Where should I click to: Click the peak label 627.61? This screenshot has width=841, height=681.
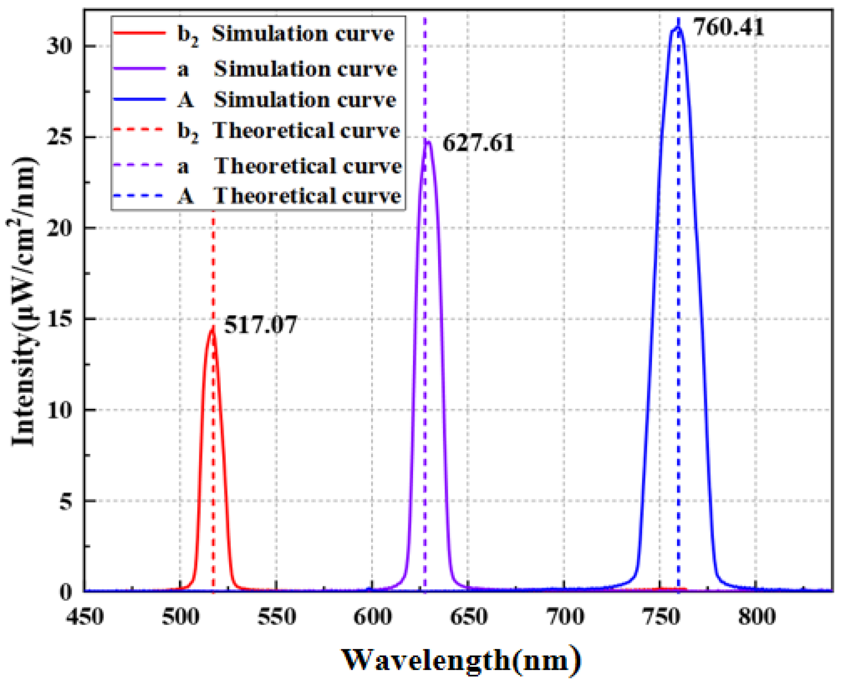pos(478,143)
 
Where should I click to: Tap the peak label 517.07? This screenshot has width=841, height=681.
pos(260,324)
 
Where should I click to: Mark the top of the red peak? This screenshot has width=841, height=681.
pos(212,329)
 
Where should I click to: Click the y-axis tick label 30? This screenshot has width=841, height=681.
pos(60,46)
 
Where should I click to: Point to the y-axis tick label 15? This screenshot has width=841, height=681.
pos(60,319)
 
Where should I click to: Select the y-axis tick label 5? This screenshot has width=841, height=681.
pos(66,501)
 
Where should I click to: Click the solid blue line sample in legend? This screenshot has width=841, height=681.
pos(139,99)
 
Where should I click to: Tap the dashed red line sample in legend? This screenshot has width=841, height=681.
pos(139,130)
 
